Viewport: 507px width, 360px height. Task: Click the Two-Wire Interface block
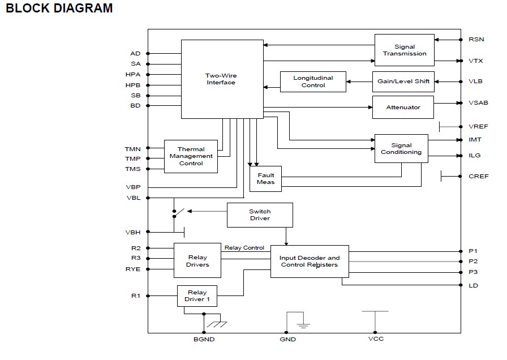(222, 79)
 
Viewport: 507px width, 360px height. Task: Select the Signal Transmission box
(404, 50)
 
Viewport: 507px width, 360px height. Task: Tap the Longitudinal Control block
(313, 82)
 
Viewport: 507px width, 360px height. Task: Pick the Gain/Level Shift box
(403, 82)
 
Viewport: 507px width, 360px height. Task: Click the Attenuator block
(403, 107)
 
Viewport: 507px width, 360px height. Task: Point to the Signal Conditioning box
(401, 148)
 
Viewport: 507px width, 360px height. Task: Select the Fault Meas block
(265, 178)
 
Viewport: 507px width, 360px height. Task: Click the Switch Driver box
(260, 215)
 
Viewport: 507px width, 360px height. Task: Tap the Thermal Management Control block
(191, 156)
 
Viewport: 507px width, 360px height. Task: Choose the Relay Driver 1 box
(197, 296)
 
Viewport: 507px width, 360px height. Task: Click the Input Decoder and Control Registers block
(310, 262)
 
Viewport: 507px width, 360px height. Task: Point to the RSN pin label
(476, 40)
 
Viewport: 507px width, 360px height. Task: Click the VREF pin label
(478, 126)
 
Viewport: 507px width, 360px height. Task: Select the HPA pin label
(133, 74)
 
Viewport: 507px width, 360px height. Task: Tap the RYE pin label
(133, 269)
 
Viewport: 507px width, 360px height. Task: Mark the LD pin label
(473, 286)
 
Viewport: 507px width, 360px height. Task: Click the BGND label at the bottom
(204, 339)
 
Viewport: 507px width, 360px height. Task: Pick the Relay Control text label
(244, 248)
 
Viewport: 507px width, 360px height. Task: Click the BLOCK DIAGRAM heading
(59, 8)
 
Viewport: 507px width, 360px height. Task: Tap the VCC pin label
(376, 338)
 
